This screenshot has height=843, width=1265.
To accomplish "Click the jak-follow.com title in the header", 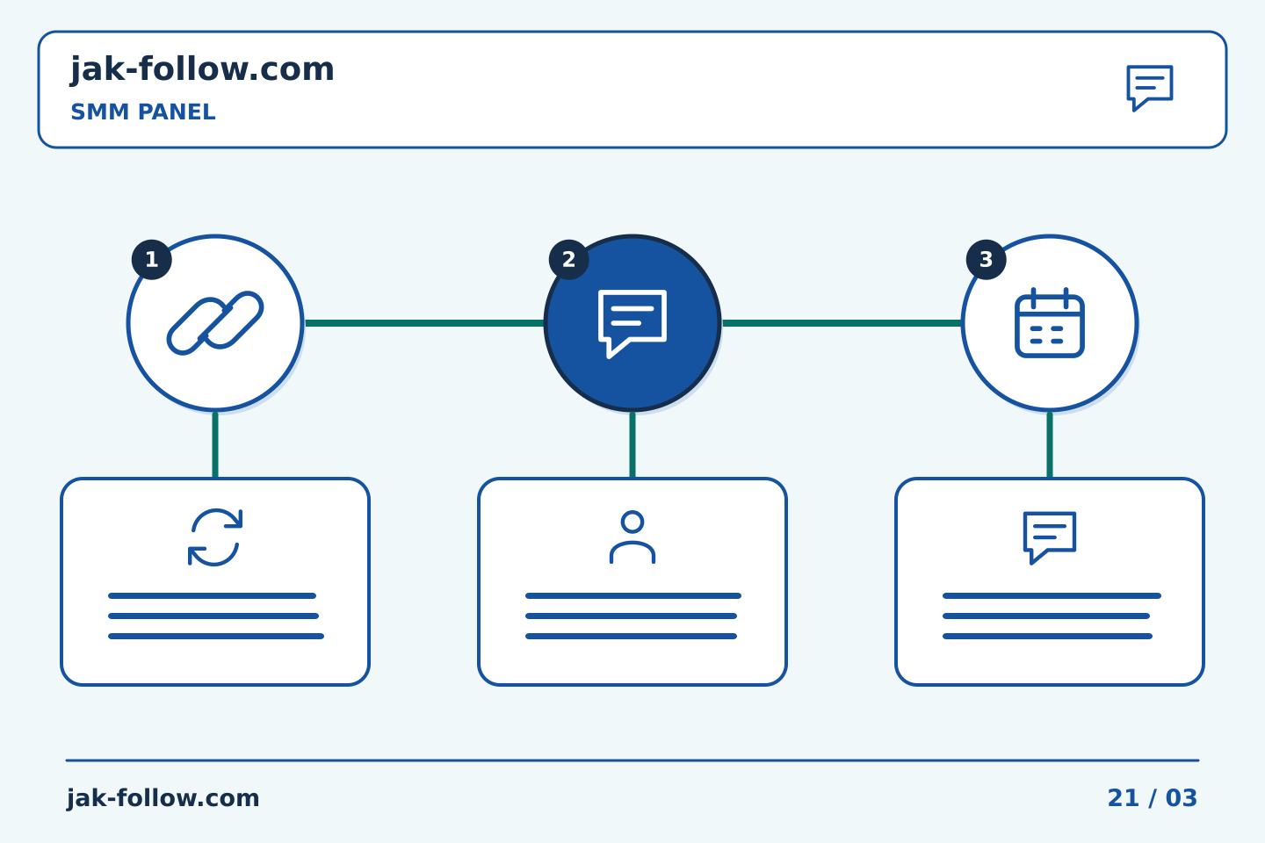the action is [x=202, y=70].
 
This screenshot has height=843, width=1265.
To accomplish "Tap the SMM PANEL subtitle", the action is [x=143, y=112].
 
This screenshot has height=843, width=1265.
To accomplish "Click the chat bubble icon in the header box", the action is [x=1149, y=88].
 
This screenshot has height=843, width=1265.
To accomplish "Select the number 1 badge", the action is [x=151, y=260].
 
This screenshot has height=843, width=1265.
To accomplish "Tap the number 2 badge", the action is [x=568, y=260].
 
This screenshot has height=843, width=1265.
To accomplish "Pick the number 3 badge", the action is [x=986, y=260].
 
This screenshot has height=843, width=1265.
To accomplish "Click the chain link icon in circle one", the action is [x=215, y=323].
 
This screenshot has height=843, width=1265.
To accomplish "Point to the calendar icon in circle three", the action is [x=1049, y=322].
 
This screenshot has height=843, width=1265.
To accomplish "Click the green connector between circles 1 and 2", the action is [x=424, y=323].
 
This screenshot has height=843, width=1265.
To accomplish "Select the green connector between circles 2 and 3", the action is [x=842, y=323].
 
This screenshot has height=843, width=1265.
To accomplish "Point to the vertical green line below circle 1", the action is [x=215, y=445].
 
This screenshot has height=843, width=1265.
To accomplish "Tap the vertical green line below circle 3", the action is [x=1049, y=445].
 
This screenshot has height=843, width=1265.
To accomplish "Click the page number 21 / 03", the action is [x=1152, y=798].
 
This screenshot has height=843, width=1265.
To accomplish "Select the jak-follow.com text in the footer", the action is [x=163, y=798].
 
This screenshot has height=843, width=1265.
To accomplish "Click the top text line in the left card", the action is [x=212, y=595].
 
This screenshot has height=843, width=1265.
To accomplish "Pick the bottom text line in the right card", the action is [x=1047, y=637].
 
